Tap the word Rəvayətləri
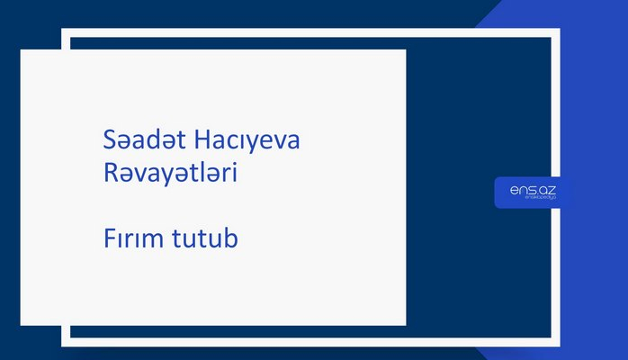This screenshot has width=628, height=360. pos(170,175)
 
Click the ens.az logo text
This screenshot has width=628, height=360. pos(526,190)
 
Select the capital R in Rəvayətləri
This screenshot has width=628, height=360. pos(111,175)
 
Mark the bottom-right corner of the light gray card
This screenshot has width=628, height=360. pos(405,324)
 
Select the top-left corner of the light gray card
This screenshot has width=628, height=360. pos(22,50)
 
